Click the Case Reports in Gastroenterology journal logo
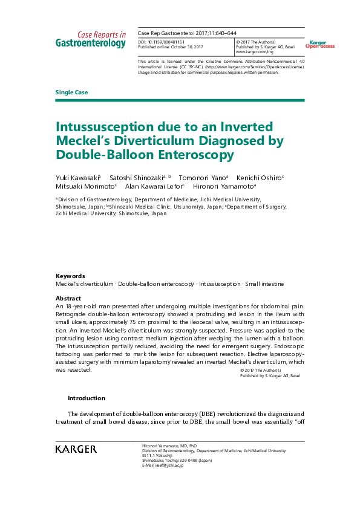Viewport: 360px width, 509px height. (x=91, y=39)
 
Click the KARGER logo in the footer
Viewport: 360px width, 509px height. (x=76, y=449)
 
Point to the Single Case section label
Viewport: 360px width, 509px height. (x=71, y=92)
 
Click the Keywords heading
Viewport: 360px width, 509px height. (x=70, y=276)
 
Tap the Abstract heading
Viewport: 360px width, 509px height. (x=68, y=299)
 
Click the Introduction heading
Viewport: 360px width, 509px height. (x=86, y=398)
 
